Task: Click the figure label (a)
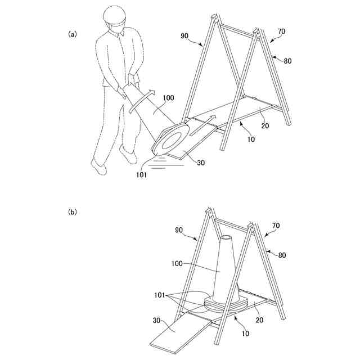[72, 34]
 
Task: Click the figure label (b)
[72, 212]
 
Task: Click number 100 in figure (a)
[169, 98]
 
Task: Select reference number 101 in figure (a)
[141, 175]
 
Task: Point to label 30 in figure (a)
[201, 163]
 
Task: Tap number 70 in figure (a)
[281, 31]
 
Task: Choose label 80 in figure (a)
[287, 61]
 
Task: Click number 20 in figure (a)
[265, 126]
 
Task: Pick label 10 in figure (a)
[251, 139]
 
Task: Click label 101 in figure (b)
[160, 295]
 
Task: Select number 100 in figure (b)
[177, 264]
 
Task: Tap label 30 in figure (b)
[156, 320]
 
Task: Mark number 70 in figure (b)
[276, 226]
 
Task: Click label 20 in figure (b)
[259, 320]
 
